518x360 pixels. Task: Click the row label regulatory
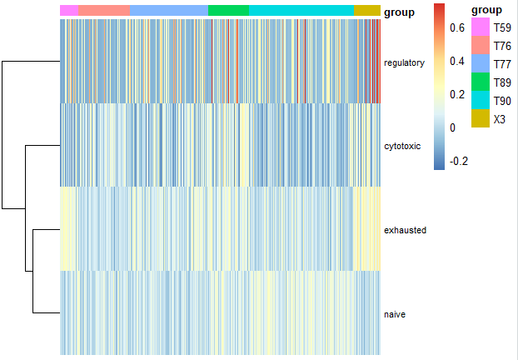coord(404,62)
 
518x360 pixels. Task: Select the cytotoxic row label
coord(402,146)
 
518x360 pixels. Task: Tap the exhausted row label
coord(405,229)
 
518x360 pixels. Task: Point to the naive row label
coord(395,314)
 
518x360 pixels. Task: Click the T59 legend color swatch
coord(480,27)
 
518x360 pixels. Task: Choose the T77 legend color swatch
coord(480,63)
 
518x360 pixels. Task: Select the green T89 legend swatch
coord(480,82)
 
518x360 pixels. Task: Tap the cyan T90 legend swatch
coord(480,101)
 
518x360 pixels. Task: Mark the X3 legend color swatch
coord(480,119)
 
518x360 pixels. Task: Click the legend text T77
coord(502,64)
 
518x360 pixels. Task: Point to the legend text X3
coord(500,119)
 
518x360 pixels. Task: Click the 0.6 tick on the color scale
coord(457,27)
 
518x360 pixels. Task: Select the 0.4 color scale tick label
coord(457,61)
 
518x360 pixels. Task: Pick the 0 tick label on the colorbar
coord(452,127)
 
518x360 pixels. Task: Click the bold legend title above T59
coord(486,10)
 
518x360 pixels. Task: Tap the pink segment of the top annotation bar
coord(69,10)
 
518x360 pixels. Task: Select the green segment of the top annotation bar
coord(228,10)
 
